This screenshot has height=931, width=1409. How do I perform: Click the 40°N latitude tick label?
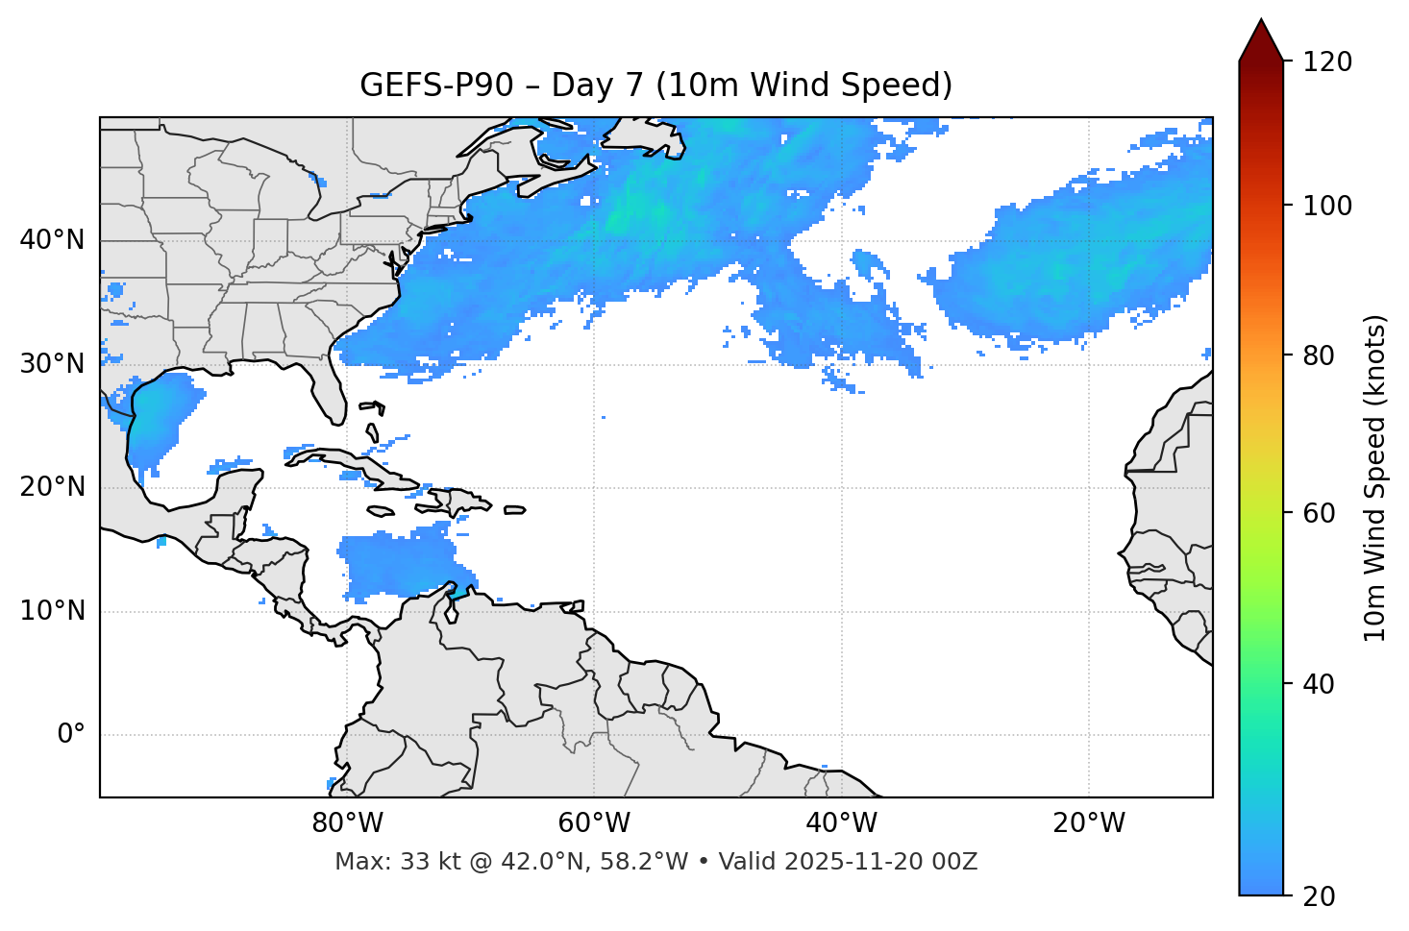(52, 240)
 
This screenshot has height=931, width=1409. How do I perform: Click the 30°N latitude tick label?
(52, 364)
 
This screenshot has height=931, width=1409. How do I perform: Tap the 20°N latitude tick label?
(52, 487)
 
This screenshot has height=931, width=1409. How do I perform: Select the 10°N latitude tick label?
(52, 611)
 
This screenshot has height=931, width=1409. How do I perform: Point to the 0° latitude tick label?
(71, 735)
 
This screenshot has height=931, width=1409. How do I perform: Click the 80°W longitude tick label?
(347, 823)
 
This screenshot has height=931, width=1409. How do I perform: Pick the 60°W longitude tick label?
(594, 823)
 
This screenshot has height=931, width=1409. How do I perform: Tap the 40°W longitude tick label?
(841, 823)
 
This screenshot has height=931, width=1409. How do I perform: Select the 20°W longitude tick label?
(1088, 823)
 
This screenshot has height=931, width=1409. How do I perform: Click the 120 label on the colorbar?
(1326, 62)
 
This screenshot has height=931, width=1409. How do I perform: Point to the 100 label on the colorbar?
(1326, 206)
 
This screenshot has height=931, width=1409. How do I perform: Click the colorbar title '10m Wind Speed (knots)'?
(1375, 478)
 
